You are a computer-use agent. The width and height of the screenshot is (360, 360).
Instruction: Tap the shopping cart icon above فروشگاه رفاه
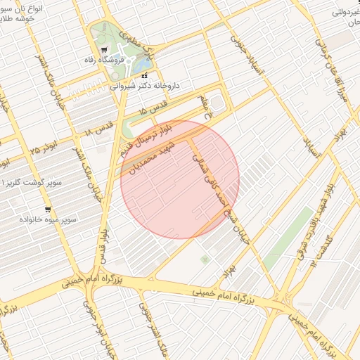point(105,50)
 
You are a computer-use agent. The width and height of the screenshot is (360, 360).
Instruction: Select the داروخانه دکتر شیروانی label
point(145,86)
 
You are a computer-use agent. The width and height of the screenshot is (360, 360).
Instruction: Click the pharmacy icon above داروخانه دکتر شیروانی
point(145,75)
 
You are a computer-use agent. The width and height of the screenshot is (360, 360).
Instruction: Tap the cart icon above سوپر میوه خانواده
point(47,209)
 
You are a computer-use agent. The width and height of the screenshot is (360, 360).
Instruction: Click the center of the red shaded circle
point(180,179)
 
